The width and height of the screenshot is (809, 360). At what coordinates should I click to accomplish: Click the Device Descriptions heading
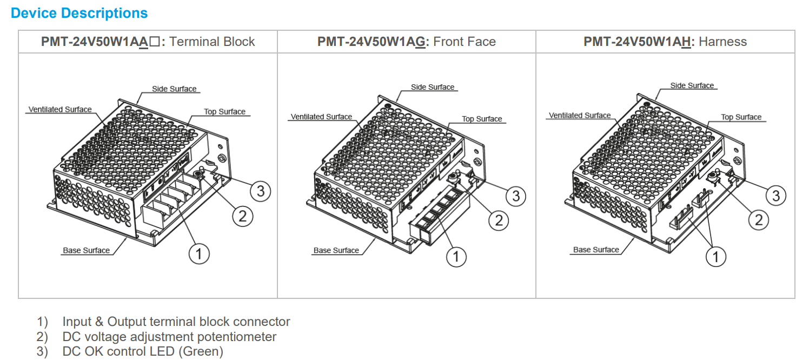[79, 14]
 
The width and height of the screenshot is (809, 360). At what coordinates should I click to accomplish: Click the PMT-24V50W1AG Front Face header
[406, 42]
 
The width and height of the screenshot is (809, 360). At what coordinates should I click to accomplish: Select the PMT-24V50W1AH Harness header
[665, 42]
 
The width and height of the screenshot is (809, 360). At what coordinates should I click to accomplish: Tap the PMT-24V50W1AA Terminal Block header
[148, 42]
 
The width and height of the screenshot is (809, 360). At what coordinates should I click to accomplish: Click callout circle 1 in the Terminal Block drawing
[199, 254]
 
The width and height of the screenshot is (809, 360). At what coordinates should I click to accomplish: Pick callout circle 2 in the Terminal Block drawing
[242, 217]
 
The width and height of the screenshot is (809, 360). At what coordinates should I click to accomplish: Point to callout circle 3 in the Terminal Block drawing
[261, 191]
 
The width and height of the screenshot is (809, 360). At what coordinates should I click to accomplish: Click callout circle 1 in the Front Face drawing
[456, 257]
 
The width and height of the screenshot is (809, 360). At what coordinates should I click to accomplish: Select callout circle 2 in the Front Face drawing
[499, 220]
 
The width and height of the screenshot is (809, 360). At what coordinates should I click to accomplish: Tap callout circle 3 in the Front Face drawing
[516, 196]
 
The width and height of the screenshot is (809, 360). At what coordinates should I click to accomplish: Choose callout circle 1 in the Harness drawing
[716, 256]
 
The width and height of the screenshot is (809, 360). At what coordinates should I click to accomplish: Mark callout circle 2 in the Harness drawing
[759, 219]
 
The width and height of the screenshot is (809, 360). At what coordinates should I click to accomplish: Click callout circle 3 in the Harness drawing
[776, 195]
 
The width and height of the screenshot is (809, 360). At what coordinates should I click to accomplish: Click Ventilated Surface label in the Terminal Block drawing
[60, 110]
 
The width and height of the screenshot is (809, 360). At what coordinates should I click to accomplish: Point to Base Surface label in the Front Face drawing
[336, 250]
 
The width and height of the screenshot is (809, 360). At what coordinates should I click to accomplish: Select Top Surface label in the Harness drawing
[741, 117]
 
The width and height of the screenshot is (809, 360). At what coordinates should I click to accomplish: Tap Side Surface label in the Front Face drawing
[433, 87]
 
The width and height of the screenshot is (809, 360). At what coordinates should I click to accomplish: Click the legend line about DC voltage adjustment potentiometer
[169, 337]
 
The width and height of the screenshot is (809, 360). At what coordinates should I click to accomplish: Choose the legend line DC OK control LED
[143, 351]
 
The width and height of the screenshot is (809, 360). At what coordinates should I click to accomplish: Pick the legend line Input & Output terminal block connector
[176, 322]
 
